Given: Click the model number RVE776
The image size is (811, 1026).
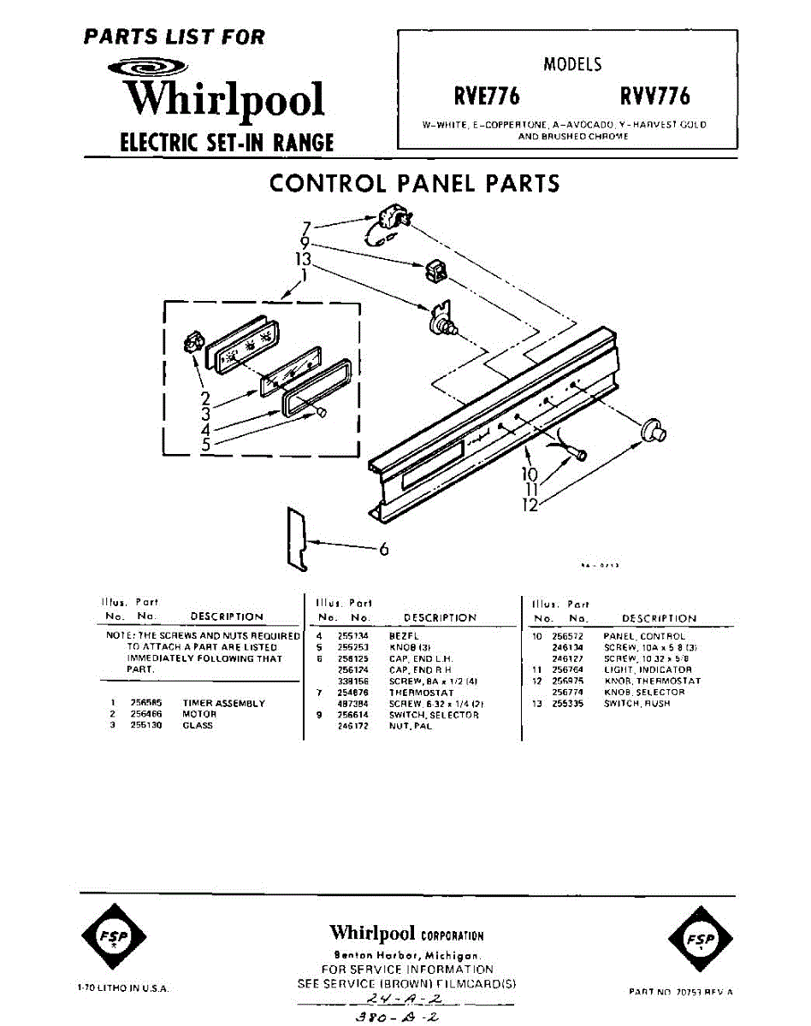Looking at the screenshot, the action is pyautogui.click(x=487, y=95).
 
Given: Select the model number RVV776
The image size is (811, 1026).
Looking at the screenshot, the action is pyautogui.click(x=655, y=95).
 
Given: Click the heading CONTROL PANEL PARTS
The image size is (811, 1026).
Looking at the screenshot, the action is pyautogui.click(x=415, y=183).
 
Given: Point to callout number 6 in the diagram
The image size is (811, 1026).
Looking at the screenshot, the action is pyautogui.click(x=384, y=550).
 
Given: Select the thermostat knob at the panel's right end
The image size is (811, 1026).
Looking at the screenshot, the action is pyautogui.click(x=655, y=428).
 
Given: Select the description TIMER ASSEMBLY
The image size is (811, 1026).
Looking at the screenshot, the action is pyautogui.click(x=223, y=703).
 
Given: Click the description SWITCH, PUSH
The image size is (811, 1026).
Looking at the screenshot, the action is pyautogui.click(x=636, y=703).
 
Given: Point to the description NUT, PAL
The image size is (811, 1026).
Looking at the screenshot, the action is pyautogui.click(x=411, y=726).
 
